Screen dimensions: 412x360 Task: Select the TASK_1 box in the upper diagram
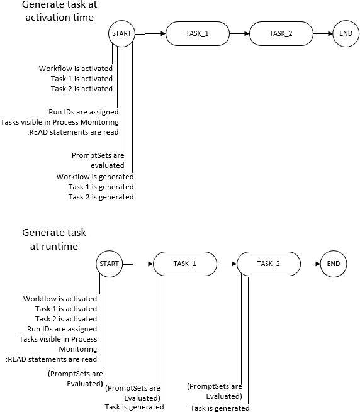197,34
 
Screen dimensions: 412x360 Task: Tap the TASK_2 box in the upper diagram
281,34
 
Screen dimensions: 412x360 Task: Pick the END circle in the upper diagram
346,34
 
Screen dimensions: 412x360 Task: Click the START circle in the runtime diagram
109,264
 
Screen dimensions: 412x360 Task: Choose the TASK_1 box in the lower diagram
184,264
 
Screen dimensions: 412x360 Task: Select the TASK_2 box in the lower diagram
268,264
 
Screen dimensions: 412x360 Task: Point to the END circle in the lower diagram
333,264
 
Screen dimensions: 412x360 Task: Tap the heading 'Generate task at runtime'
53,240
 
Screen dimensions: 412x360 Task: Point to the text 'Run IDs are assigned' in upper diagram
83,112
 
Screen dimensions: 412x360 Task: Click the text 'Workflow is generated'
95,177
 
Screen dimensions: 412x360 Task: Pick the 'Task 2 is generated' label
101,197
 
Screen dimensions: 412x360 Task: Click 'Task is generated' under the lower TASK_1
134,407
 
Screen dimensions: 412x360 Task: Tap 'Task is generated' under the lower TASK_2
220,408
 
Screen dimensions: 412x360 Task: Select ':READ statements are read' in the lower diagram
51,359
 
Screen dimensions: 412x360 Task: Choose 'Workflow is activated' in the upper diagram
76,69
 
